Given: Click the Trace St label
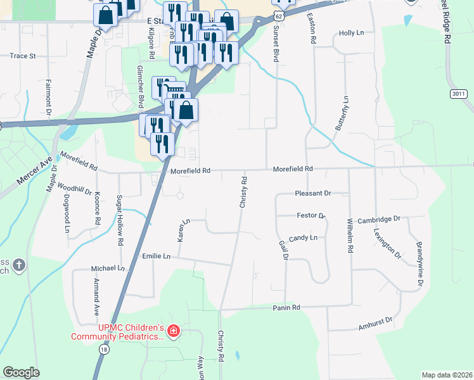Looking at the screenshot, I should (22, 56).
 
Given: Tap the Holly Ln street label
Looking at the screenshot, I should (352, 32).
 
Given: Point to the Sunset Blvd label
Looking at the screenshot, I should (276, 44).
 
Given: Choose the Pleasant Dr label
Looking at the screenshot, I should (313, 193).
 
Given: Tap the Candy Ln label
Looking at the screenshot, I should (303, 238).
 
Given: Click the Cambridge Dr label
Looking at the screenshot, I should (379, 219).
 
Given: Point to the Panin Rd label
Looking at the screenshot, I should (286, 307).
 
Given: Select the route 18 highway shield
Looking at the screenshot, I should (103, 349).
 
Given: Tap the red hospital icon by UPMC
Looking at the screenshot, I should (174, 330).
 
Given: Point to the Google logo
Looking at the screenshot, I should (22, 372).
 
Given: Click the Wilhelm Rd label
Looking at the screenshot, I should (349, 236).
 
